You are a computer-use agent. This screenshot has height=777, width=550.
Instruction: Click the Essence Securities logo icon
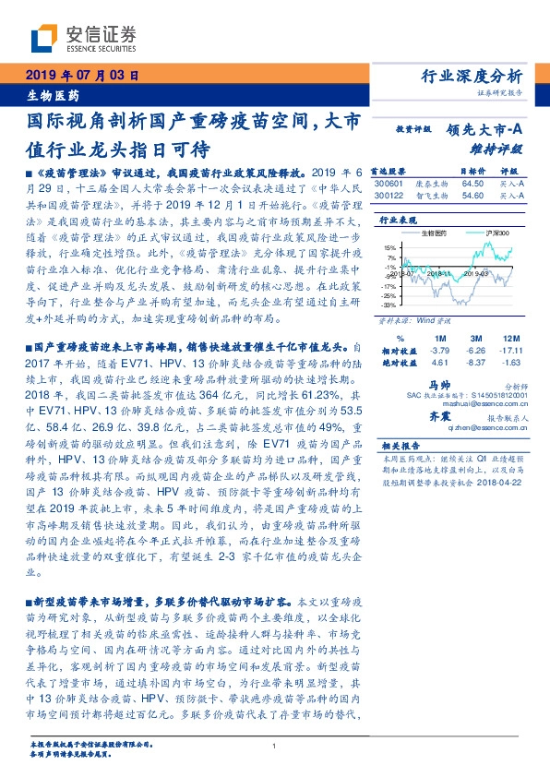(42, 40)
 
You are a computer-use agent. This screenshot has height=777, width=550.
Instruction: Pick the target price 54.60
(472, 196)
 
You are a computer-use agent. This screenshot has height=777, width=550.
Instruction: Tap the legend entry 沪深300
(485, 233)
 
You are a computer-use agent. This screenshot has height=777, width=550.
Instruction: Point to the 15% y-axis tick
(390, 247)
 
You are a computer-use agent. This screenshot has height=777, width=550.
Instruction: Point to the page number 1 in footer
(275, 746)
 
